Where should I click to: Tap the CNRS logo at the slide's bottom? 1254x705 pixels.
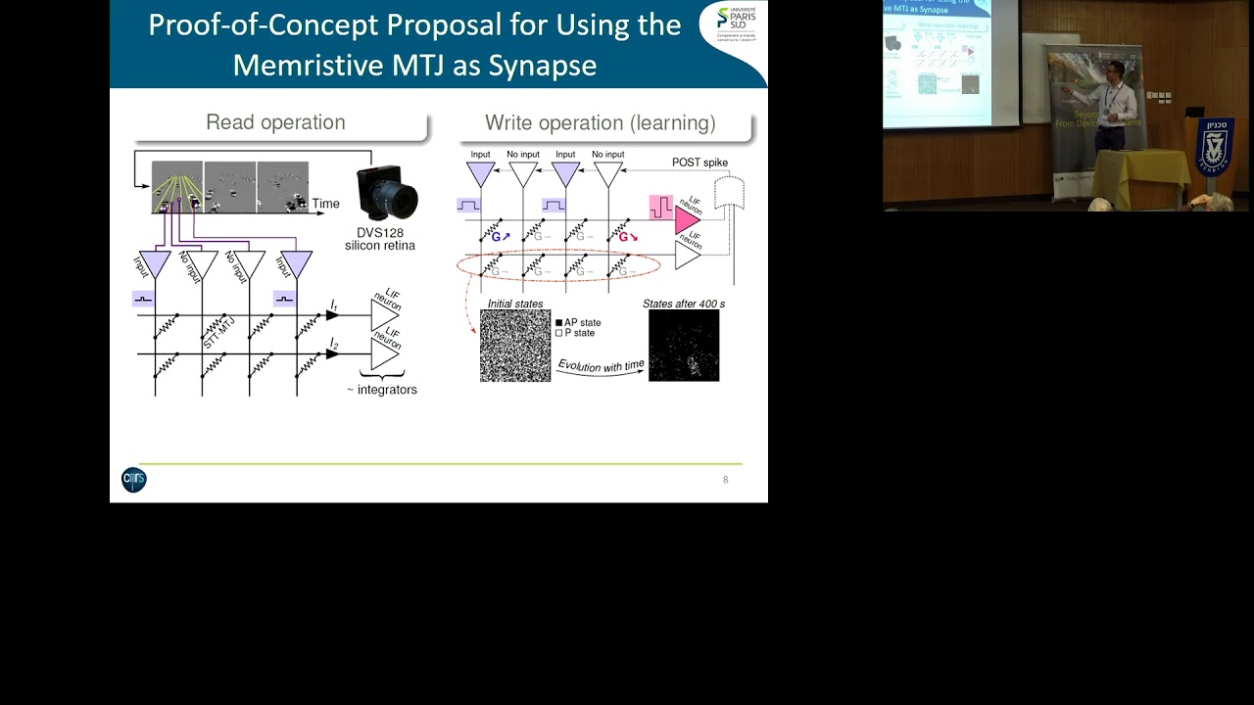(134, 479)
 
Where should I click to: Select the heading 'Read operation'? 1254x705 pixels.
(275, 122)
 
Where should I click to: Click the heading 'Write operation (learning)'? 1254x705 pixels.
(600, 123)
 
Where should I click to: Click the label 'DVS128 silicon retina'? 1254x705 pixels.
(379, 239)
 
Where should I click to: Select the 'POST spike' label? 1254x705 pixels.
(699, 163)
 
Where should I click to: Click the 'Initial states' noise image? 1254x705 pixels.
(515, 346)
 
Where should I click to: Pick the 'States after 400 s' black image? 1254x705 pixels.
(684, 346)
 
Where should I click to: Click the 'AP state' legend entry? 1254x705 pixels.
(578, 322)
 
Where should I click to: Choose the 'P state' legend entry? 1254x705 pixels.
(575, 334)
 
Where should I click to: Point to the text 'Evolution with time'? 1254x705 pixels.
(602, 366)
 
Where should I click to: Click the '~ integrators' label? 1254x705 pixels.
(382, 390)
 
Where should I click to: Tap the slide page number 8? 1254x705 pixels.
(725, 480)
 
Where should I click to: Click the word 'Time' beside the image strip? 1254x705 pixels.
(325, 204)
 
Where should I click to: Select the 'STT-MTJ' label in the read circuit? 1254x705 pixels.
(217, 333)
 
